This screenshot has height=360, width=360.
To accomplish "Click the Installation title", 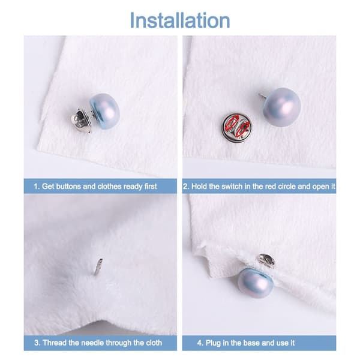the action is pos(180,20).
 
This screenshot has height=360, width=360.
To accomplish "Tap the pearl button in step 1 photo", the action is pos(105,111).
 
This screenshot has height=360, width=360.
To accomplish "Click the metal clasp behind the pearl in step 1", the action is pos(81,120).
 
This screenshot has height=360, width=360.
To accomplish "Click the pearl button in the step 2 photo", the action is pos(282,107).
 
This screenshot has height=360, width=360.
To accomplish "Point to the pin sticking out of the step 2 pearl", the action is pos(263,95).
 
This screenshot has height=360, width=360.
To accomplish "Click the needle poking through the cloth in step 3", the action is pos(98,266).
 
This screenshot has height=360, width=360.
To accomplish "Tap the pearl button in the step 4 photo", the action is pos(256,283).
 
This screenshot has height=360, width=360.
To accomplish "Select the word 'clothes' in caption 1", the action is pos(109,186).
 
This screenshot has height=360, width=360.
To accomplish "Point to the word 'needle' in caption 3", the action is pos(93,343).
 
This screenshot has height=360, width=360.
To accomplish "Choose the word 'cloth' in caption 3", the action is pos(154,343).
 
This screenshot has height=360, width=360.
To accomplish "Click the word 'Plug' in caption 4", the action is pos(213,343).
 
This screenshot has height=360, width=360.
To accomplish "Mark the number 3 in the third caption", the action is pos(36,343).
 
